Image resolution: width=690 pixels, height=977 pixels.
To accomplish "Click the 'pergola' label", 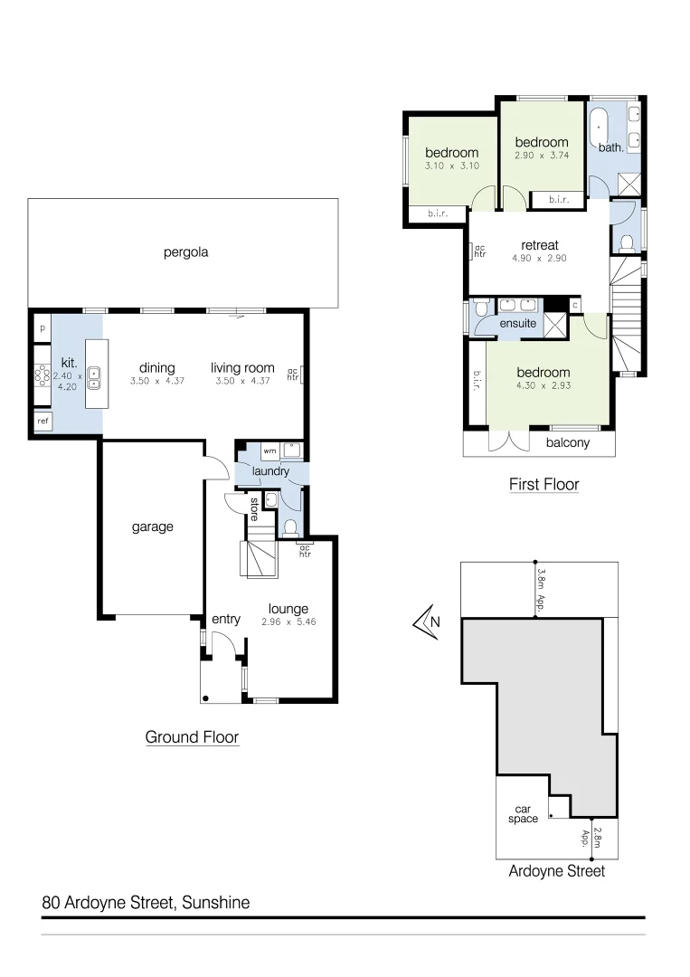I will (x=185, y=252).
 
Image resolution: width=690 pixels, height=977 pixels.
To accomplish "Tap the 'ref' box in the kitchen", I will (x=43, y=421).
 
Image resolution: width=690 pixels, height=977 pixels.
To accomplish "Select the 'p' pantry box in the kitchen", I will (x=42, y=327).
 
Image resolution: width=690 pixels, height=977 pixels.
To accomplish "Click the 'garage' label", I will (x=152, y=526).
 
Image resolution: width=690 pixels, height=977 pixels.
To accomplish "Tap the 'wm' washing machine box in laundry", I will (x=269, y=450).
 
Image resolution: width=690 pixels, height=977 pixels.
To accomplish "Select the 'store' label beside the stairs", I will (x=254, y=508).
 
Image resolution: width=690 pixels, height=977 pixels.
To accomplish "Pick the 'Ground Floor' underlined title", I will (x=192, y=737).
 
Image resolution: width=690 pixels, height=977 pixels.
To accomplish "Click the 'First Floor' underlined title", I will (x=543, y=485).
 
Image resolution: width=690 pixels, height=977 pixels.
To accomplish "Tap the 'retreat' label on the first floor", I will (x=540, y=245).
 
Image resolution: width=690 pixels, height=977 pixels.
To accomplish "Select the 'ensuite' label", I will (x=517, y=323).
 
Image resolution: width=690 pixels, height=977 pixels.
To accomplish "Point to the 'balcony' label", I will (x=567, y=442).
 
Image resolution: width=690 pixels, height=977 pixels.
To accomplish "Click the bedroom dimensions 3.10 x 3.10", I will (x=451, y=166).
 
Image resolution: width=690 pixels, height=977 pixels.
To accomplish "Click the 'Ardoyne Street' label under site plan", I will (x=555, y=871).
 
